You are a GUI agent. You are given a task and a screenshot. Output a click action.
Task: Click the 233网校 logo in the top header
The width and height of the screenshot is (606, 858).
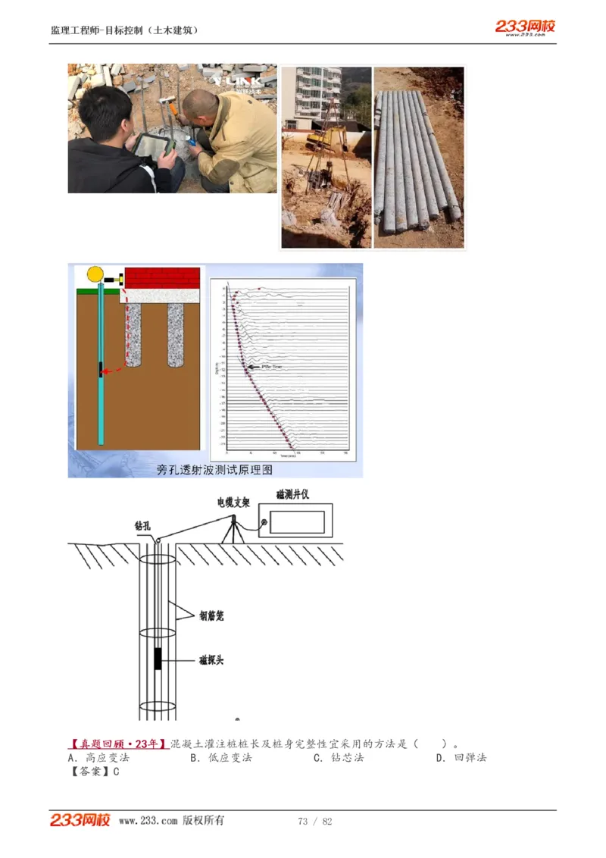pyautogui.click(x=525, y=27)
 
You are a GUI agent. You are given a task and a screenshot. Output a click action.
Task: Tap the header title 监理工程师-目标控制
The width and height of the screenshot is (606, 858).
pyautogui.click(x=124, y=31)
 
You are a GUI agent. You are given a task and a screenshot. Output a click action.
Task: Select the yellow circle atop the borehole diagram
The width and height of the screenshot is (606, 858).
pyautogui.click(x=95, y=274)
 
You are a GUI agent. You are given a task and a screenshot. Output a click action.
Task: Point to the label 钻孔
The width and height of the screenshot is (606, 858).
pyautogui.click(x=145, y=525)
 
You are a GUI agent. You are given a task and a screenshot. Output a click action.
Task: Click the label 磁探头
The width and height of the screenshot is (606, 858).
pyautogui.click(x=211, y=660)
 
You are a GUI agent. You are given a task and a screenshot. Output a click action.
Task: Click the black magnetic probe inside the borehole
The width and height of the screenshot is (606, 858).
pyautogui.click(x=158, y=659)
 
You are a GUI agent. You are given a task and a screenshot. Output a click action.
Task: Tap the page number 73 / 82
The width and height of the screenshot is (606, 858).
pyautogui.click(x=315, y=822)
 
